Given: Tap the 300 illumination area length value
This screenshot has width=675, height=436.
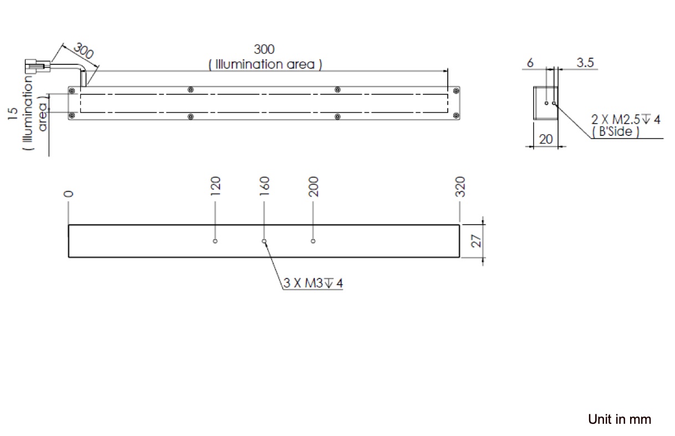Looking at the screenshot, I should tap(264, 50).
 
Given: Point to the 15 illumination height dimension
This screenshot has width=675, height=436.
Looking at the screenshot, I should tap(12, 114).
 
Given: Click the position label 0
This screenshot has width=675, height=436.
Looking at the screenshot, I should tap(68, 194).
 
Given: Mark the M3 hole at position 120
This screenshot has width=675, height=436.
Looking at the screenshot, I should tap(216, 241).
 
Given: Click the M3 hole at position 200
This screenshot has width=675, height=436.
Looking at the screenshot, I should tap(313, 241).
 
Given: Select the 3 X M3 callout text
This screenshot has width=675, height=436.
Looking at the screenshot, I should tap(313, 283).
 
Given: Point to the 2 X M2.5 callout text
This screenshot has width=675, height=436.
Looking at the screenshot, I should tap(626, 119).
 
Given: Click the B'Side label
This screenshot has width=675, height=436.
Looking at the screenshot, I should tap(615, 132).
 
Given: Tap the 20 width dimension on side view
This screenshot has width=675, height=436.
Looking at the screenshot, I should tap(546, 139).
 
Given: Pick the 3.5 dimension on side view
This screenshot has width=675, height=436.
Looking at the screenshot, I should tap(585, 63).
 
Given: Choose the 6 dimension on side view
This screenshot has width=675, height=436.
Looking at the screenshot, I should tap(530, 63).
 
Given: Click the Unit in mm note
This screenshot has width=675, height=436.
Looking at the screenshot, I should tap(619, 419).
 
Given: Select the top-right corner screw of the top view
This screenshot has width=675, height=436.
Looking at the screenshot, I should tap(456, 89).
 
